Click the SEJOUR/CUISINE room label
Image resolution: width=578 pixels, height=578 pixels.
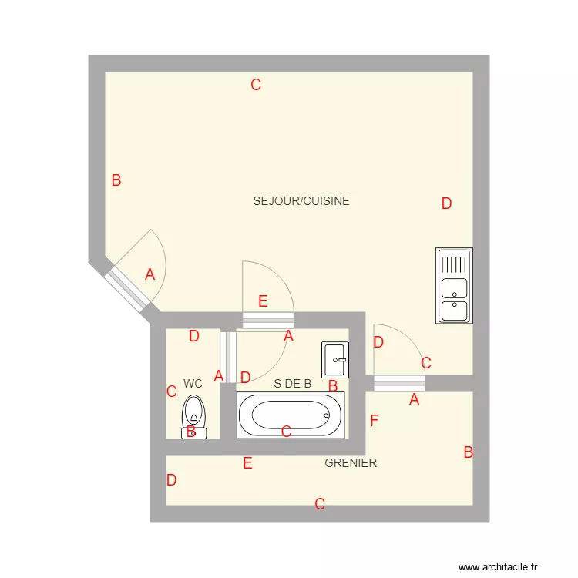pyautogui.click(x=301, y=201)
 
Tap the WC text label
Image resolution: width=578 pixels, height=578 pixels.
pyautogui.click(x=193, y=383)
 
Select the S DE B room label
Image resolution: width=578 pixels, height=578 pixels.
pyautogui.click(x=293, y=383)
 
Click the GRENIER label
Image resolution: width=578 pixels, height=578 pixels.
pyautogui.click(x=351, y=463)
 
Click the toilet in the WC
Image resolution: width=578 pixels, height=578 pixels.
pyautogui.click(x=193, y=417)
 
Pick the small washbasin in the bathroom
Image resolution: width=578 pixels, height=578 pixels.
pyautogui.click(x=335, y=360)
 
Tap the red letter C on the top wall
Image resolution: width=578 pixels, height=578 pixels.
pyautogui.click(x=256, y=86)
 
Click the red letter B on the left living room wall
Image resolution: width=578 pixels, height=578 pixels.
pyautogui.click(x=116, y=181)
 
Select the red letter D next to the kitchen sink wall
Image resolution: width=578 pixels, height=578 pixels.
pyautogui.click(x=446, y=204)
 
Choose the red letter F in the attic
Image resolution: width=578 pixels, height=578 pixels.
pyautogui.click(x=375, y=421)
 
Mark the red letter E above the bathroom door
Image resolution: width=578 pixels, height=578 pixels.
pyautogui.click(x=263, y=301)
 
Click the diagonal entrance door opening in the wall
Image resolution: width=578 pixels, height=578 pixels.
pyautogui.click(x=126, y=289)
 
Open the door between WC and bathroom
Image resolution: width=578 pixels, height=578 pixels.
pyautogui.click(x=227, y=356)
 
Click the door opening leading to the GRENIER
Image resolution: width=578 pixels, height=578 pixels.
pyautogui.click(x=399, y=383)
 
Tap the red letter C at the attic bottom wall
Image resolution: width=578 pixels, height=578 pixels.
pyautogui.click(x=319, y=505)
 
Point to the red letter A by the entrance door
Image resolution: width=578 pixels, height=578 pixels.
pyautogui.click(x=150, y=274)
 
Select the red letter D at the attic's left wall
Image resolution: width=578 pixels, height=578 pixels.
pyautogui.click(x=171, y=480)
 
